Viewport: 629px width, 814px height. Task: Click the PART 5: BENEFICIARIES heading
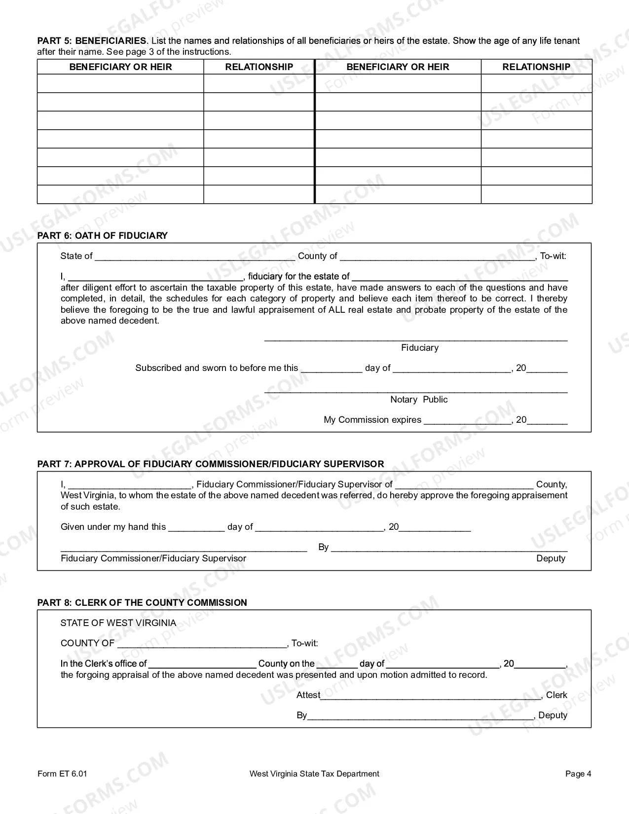pos(92,41)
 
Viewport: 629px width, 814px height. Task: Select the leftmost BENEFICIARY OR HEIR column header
pos(120,67)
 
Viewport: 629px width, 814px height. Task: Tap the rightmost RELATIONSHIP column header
pos(536,67)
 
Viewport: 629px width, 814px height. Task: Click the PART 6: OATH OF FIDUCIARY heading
pos(102,236)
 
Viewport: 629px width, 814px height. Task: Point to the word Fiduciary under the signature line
pos(419,348)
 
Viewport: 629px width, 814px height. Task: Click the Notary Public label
pos(419,400)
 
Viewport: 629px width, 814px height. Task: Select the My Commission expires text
pos(372,420)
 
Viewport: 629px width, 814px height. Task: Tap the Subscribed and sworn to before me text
pos(217,368)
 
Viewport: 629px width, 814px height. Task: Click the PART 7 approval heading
pos(210,464)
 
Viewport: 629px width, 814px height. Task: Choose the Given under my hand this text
pos(113,527)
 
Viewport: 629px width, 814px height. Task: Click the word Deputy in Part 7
pos(551,558)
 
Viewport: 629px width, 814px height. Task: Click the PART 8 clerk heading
pos(142,603)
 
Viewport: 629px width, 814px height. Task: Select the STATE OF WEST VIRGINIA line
pos(118,623)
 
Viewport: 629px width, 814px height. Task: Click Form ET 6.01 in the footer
pos(62,774)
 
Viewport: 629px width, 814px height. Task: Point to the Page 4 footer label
pos(578,774)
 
